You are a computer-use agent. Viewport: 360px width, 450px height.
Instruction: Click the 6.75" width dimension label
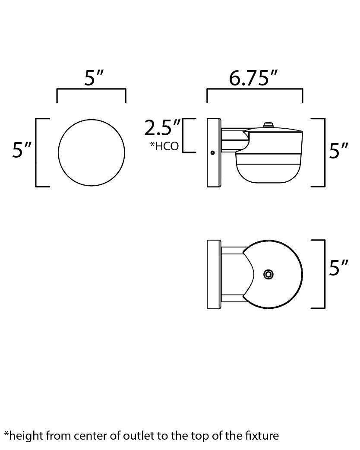point(253,78)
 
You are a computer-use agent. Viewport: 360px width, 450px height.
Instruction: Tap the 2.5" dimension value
point(163,128)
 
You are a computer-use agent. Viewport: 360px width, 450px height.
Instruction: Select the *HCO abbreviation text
point(164,146)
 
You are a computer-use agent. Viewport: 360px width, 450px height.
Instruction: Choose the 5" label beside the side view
point(338,151)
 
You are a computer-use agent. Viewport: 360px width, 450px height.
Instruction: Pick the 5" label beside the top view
point(338,268)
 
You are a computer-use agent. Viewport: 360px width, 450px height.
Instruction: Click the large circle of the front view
point(92,152)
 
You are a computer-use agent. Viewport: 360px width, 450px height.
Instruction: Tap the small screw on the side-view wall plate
point(212,152)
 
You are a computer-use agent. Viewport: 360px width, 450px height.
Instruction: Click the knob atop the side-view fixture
point(268,125)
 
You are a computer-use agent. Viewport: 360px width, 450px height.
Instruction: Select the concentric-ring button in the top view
point(268,274)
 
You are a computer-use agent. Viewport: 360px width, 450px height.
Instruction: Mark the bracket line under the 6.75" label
point(255,89)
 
